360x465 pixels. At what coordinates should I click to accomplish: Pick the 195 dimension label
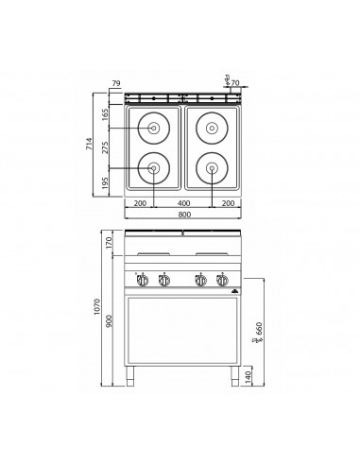pyautogui.click(x=107, y=181)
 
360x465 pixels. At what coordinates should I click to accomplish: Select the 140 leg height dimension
pyautogui.click(x=249, y=376)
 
